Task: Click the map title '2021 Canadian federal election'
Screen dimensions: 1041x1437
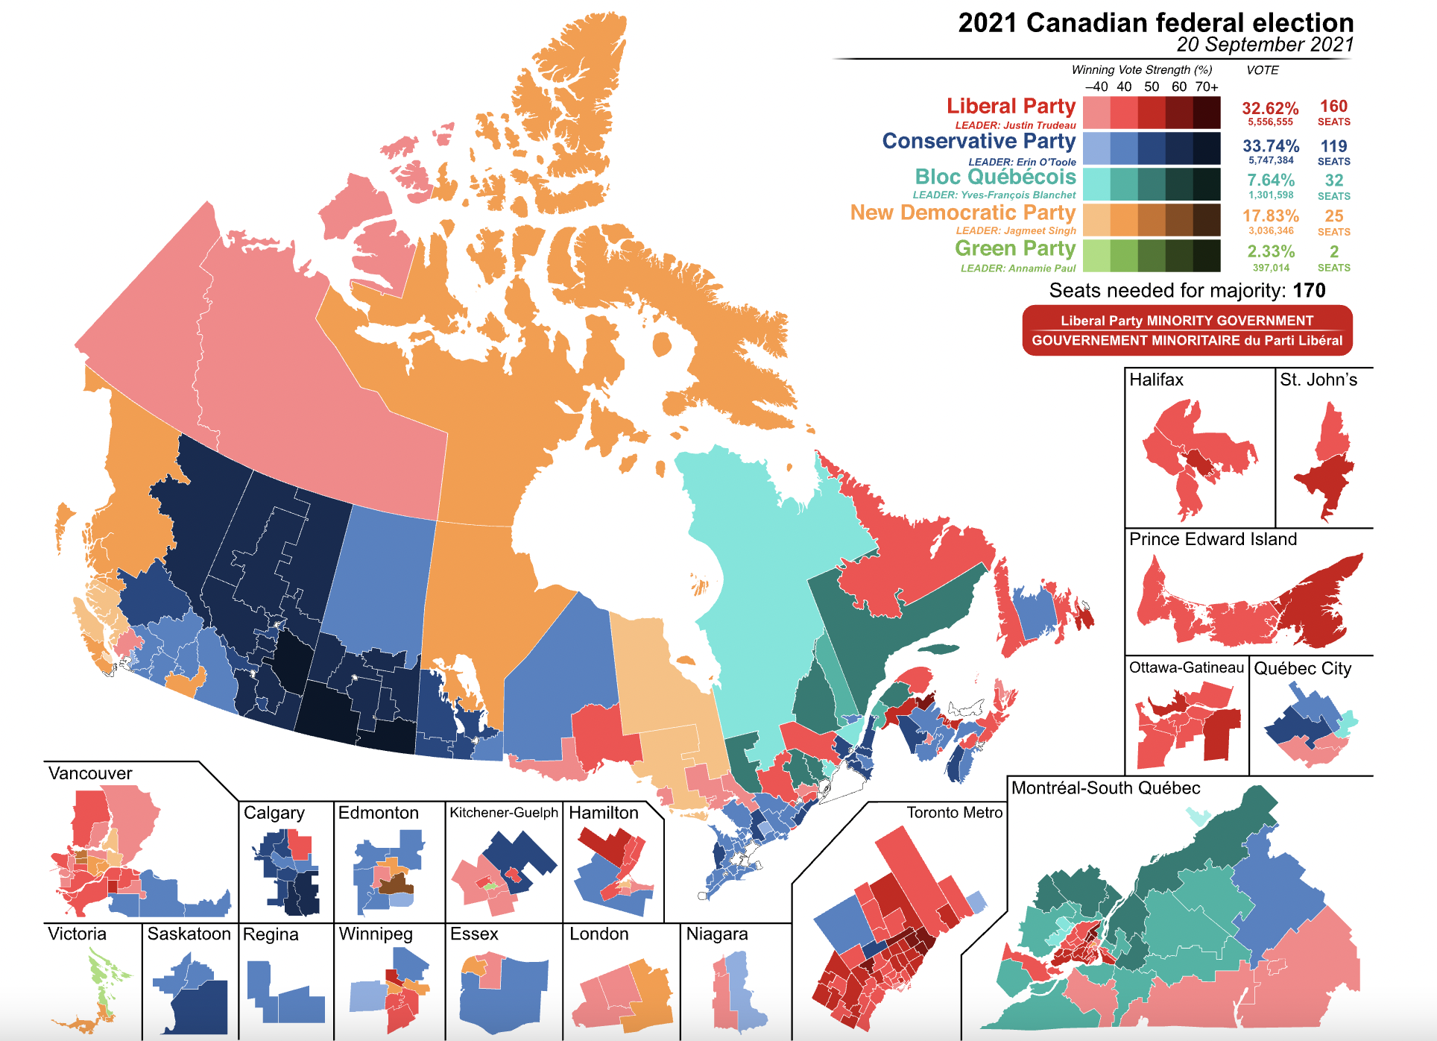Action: tap(1155, 22)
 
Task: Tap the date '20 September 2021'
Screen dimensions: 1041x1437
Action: tap(1265, 45)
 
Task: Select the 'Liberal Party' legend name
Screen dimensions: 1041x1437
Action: tap(1011, 107)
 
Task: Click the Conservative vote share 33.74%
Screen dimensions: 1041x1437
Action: tap(1271, 145)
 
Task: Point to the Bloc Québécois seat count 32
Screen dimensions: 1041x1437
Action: tap(1333, 180)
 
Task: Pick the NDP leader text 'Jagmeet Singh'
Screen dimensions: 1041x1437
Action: tap(1040, 230)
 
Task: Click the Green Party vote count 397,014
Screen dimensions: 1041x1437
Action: tap(1271, 268)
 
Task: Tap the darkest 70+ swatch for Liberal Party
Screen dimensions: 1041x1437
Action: tap(1207, 113)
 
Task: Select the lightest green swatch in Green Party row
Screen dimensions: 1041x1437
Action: tap(1096, 256)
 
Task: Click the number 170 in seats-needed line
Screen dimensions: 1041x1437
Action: tap(1310, 291)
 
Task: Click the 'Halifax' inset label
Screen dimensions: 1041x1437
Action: tap(1156, 380)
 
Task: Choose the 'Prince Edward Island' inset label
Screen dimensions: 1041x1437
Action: tap(1213, 539)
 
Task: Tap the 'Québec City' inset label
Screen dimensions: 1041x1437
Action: tap(1302, 668)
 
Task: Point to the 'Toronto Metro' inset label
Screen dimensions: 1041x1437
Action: tap(954, 813)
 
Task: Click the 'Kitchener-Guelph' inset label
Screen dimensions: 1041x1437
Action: tap(504, 813)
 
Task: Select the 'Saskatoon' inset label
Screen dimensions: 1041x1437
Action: tap(189, 934)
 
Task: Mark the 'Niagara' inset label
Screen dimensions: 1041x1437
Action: tap(716, 934)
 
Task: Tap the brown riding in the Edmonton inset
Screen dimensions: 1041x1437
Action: tap(395, 885)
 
